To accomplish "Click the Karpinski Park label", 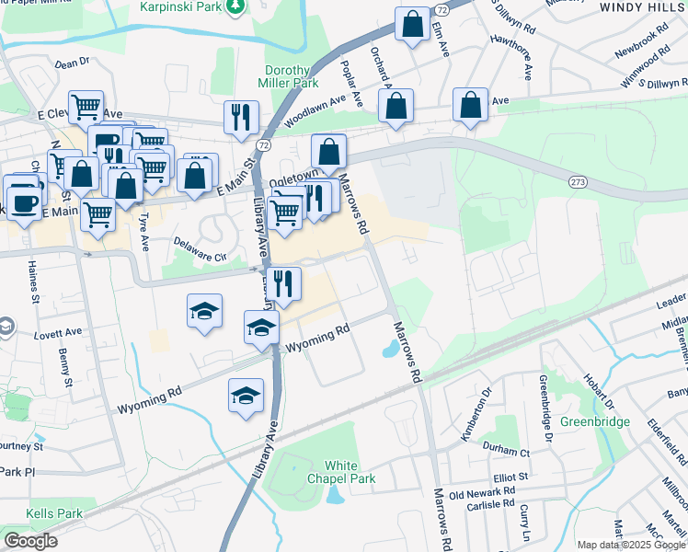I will (x=183, y=7).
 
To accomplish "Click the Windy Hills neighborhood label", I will (x=642, y=6).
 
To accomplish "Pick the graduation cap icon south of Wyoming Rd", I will (x=246, y=397).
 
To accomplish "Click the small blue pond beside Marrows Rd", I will (x=390, y=349).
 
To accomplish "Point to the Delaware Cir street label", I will (x=200, y=249).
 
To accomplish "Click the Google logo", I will (x=30, y=541).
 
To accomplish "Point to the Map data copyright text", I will (x=631, y=544).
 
